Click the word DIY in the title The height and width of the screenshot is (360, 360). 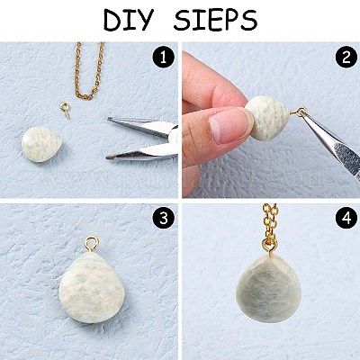[128, 21]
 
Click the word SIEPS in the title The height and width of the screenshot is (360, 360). [215, 21]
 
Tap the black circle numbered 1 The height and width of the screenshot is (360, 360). [163, 58]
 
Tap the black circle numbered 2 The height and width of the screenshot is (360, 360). [346, 58]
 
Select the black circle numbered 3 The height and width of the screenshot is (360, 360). [163, 219]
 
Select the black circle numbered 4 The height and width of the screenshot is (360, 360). [346, 219]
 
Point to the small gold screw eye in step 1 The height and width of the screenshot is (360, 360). [65, 109]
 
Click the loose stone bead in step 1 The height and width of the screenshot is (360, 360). [41, 144]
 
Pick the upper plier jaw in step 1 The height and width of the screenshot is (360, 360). [141, 125]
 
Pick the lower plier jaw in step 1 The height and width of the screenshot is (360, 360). [142, 152]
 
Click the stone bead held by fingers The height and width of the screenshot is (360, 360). [267, 118]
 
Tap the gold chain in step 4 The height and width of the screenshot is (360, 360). [270, 228]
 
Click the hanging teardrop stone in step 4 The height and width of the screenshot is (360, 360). [268, 289]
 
